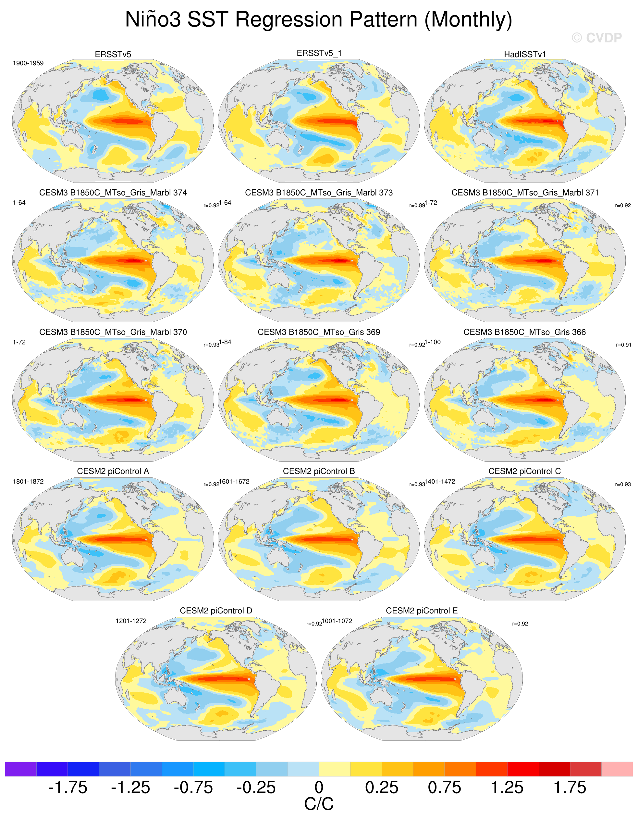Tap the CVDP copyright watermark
pyautogui.click(x=597, y=38)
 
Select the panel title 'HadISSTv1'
pyautogui.click(x=525, y=55)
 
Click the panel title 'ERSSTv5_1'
pyautogui.click(x=319, y=53)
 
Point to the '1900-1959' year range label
pyautogui.click(x=28, y=63)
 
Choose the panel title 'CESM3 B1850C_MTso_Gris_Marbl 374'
pyautogui.click(x=113, y=193)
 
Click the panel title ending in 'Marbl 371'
pyautogui.click(x=525, y=193)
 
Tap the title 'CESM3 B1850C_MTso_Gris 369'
pyautogui.click(x=319, y=332)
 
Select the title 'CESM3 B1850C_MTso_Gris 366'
pyautogui.click(x=525, y=332)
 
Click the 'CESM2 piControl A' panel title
pyautogui.click(x=113, y=471)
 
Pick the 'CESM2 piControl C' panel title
pyautogui.click(x=525, y=471)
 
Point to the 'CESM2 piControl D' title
pyautogui.click(x=216, y=611)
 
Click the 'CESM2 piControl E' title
pyautogui.click(x=422, y=611)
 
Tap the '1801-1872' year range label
pyautogui.click(x=28, y=481)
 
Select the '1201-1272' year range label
pyautogui.click(x=131, y=621)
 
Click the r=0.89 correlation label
pyautogui.click(x=417, y=205)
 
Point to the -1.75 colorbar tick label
pyautogui.click(x=67, y=787)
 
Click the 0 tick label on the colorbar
pyautogui.click(x=319, y=787)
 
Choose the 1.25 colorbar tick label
pyautogui.click(x=507, y=787)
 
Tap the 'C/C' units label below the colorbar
pyautogui.click(x=319, y=804)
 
